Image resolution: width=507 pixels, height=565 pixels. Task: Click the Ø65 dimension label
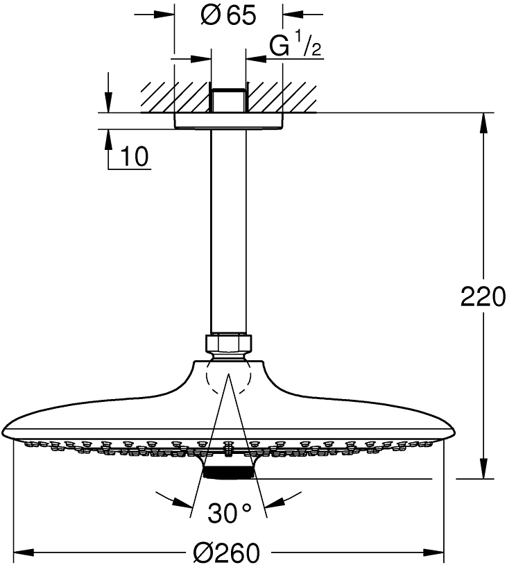(x=227, y=15)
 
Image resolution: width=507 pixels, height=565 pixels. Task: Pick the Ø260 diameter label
(x=227, y=553)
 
